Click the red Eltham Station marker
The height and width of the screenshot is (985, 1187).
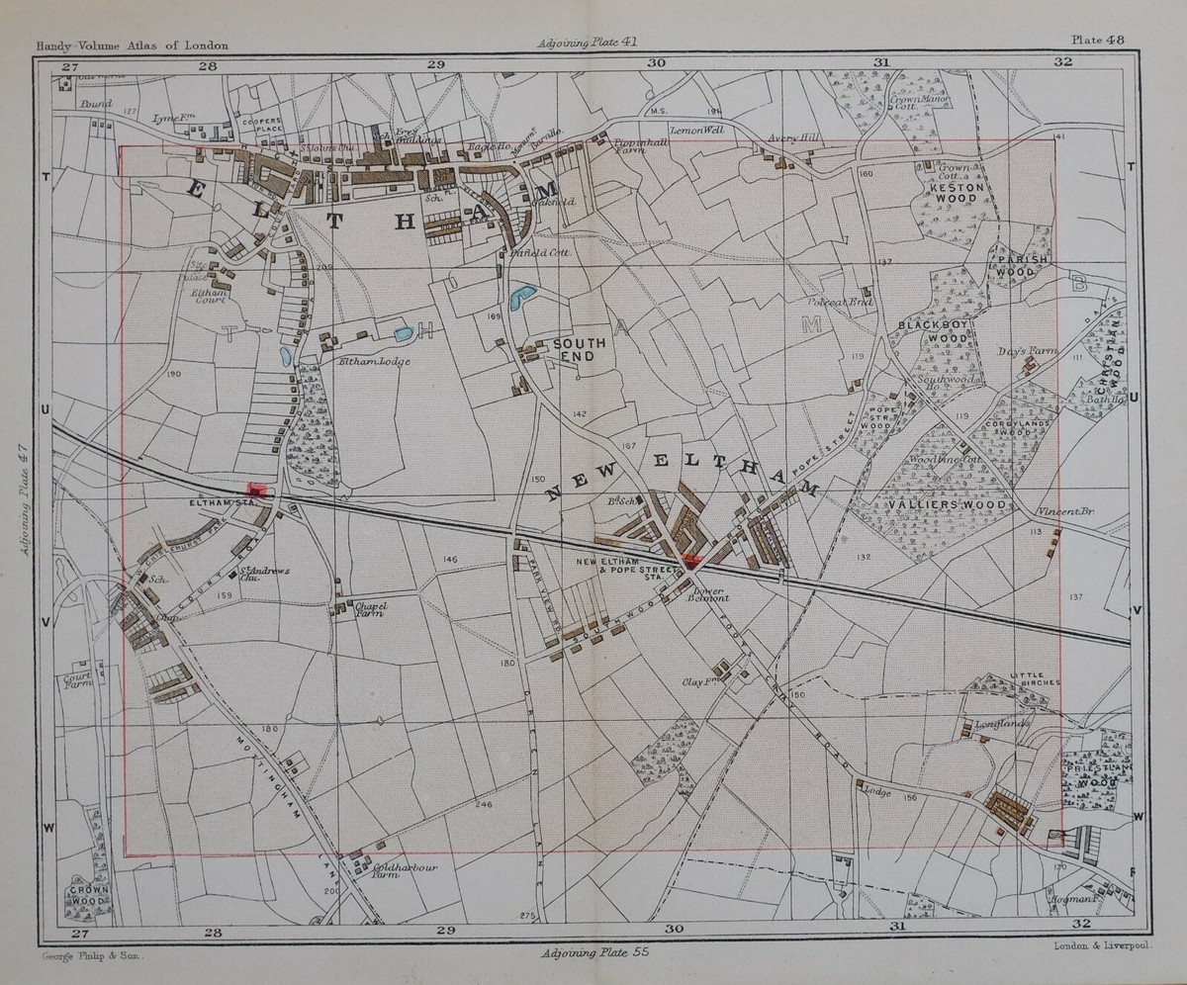259,491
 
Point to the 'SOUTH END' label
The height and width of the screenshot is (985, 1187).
579,350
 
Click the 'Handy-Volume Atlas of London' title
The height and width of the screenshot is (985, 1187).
133,45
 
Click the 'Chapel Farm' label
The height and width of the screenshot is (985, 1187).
368,609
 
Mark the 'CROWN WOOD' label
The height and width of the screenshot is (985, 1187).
89,895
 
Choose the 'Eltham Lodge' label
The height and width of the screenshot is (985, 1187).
375,361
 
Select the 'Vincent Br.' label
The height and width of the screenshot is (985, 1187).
1068,512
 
